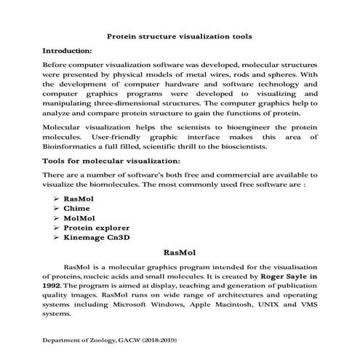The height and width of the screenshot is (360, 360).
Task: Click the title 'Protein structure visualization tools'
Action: pos(180,35)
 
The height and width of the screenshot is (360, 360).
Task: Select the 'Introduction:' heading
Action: pos(68,51)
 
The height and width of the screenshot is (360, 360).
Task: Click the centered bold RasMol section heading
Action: pos(180,252)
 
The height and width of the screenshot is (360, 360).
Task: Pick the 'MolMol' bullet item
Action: pos(80,217)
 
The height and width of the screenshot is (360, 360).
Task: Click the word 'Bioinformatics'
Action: pos(72,146)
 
